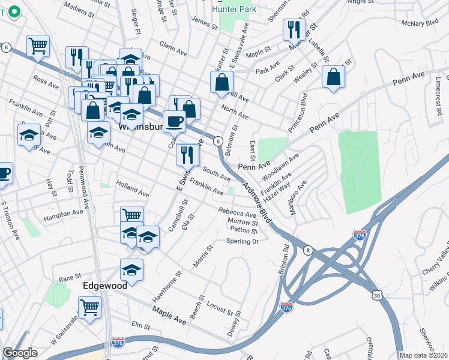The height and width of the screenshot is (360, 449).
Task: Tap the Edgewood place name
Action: [x=105, y=286]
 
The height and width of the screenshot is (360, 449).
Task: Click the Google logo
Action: [x=20, y=353]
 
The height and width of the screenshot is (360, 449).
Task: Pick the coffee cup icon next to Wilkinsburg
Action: [x=174, y=121]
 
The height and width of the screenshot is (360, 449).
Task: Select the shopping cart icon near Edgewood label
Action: [x=89, y=308]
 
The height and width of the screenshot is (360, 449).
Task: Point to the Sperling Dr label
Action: [x=242, y=241]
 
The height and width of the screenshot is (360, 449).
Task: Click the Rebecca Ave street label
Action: [x=237, y=213]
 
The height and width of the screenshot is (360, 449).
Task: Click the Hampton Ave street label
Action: [x=63, y=213]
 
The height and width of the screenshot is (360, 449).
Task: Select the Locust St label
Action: [x=219, y=308]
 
